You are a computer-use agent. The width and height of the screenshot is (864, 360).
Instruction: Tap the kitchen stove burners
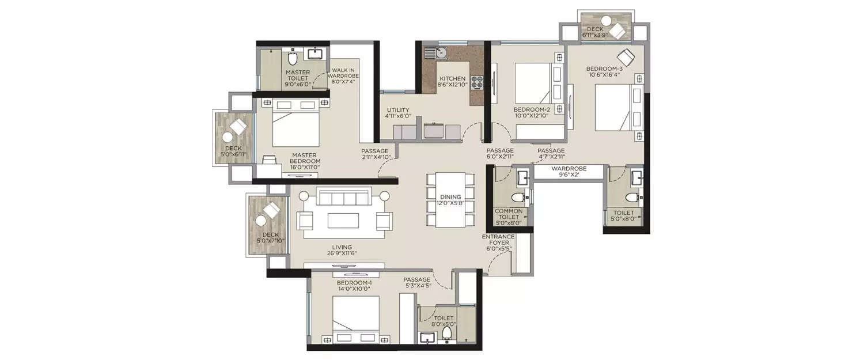(477, 82)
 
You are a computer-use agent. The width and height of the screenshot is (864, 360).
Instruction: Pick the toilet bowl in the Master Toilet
(292, 59)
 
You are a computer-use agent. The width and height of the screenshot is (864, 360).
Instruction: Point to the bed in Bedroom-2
(533, 82)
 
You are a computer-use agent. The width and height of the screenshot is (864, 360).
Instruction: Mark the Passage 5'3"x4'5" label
(417, 283)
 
